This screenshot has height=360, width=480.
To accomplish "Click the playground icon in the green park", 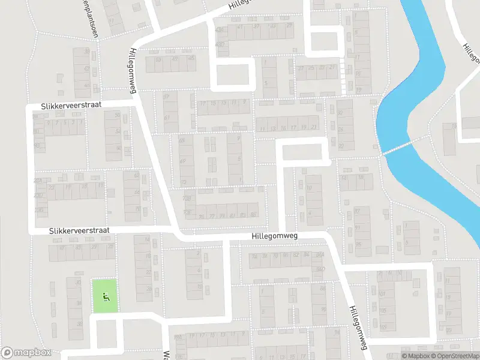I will coord(105,295).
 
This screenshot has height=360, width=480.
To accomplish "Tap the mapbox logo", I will coord(26,353).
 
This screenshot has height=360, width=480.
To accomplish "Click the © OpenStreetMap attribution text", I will coord(455,356).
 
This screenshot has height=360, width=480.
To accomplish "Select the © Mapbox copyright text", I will coord(415,356).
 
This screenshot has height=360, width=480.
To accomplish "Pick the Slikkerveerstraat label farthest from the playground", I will coord(71,105).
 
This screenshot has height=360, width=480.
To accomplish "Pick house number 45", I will coord(191,58).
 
